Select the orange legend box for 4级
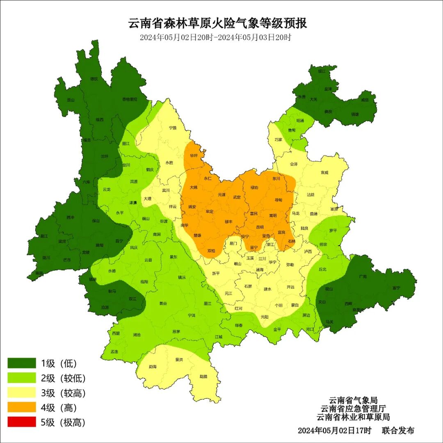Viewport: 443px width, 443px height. point(22,407)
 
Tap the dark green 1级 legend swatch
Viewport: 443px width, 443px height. point(22,363)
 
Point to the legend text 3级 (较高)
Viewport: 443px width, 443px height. point(63,393)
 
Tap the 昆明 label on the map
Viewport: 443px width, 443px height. point(260,227)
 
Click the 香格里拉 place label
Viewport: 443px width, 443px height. point(130,99)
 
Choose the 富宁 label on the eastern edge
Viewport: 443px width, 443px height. point(396,288)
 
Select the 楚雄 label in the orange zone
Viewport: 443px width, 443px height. point(197,235)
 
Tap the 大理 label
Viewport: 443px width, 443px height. point(147,199)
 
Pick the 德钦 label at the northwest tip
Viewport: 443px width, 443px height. point(94,79)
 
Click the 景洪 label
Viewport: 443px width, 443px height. point(179,360)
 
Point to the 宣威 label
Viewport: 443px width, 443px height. point(324,173)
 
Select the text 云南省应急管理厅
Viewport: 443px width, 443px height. point(353,409)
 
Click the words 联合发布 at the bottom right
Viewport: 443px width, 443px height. point(398,430)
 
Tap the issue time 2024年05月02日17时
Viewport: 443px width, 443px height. point(334,430)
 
